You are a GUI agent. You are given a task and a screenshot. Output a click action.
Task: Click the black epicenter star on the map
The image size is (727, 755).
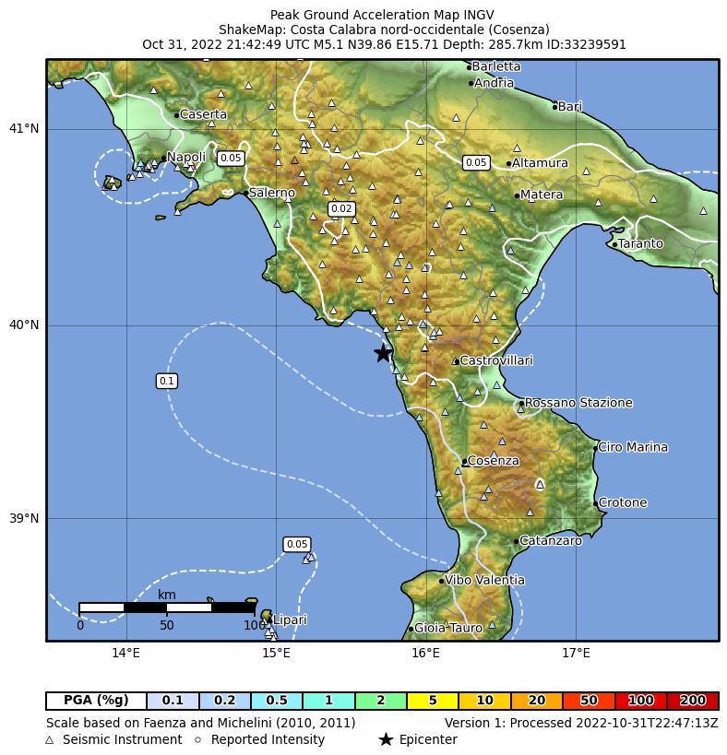pos(383,353)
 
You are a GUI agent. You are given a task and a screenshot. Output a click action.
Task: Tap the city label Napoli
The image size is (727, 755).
pos(185,158)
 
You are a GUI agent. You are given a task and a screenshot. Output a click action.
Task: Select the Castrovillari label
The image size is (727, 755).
pos(495,360)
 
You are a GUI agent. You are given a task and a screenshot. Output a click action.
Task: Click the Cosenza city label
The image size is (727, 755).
pos(493,461)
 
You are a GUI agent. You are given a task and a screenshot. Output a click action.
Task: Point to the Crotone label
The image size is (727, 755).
pos(623,503)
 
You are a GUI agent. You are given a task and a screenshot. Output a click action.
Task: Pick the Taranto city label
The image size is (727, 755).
pos(640,243)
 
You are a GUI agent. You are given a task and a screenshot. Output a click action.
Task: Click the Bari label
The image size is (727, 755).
pos(570,107)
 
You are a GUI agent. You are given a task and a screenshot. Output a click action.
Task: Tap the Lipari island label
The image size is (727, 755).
pos(290,620)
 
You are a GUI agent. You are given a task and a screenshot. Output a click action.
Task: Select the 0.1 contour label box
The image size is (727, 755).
pos(167,381)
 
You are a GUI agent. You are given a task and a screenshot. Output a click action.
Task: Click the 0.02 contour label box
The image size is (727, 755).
pos(341,209)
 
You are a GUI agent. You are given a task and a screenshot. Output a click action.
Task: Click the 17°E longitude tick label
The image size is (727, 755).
pos(576,655)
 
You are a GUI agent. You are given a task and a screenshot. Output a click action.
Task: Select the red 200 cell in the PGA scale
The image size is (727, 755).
pos(692,701)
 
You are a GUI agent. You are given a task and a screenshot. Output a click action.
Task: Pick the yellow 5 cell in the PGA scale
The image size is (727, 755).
pos(432,701)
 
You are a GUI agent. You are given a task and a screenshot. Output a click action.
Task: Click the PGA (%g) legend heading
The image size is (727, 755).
pos(96,701)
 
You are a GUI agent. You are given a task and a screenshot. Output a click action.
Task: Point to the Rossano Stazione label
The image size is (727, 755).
pos(578,403)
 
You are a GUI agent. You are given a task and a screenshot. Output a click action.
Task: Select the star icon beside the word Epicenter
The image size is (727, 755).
pos(386,739)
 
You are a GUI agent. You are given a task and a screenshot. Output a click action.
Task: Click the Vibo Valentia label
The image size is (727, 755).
pos(484,580)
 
